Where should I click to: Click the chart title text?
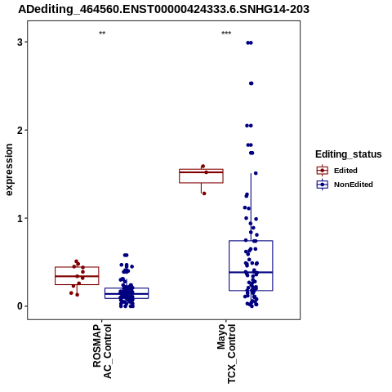[x=163, y=9]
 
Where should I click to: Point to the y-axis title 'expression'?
[x=9, y=170]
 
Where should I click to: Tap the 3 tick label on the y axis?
[x=20, y=42]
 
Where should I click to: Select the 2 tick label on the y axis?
[x=20, y=131]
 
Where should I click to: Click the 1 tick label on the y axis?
[x=20, y=218]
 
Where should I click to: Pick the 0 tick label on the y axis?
[x=20, y=306]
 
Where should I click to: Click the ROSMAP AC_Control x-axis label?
[x=102, y=351]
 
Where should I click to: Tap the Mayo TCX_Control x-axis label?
[x=226, y=354]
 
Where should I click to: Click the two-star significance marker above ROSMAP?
[x=102, y=33]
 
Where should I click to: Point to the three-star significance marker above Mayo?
[x=226, y=33]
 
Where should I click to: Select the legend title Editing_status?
[x=349, y=154]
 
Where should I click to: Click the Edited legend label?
[x=345, y=171]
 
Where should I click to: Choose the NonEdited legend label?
[x=354, y=185]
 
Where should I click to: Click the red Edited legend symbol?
[x=323, y=171]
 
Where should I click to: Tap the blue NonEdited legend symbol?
[x=323, y=185]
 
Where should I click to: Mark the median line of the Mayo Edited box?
[x=201, y=172]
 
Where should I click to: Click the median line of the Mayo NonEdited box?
[x=251, y=272]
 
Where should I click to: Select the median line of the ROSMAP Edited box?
[x=77, y=276]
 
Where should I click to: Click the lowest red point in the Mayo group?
[x=204, y=194]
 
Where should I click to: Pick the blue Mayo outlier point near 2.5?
[x=252, y=83]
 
